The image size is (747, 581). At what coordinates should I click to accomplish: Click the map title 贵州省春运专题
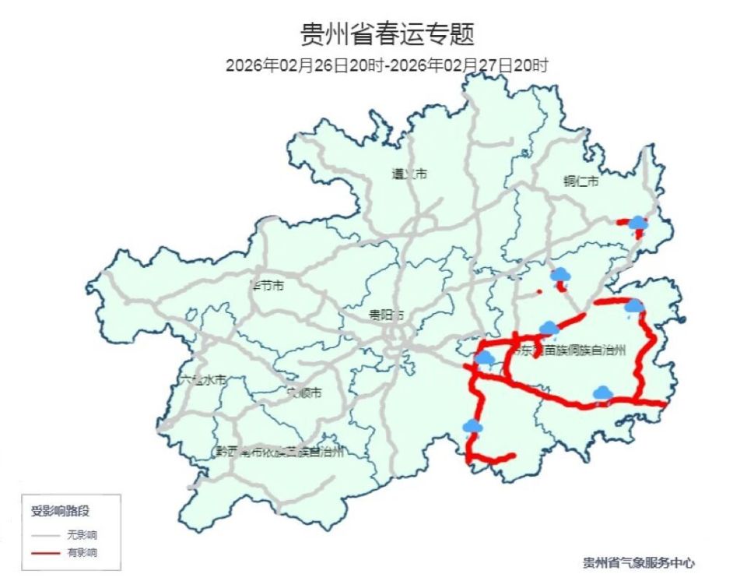click(387, 35)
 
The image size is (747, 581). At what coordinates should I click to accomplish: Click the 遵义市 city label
click(409, 174)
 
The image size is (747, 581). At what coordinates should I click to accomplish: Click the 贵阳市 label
click(387, 315)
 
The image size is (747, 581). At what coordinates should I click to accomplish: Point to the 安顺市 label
click(303, 393)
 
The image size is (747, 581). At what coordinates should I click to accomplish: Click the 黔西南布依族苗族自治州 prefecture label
click(279, 452)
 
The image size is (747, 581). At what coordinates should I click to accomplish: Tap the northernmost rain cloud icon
click(638, 224)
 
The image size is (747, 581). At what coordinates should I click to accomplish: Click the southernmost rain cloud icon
click(472, 426)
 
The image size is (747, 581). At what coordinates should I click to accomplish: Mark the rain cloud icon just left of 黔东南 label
click(485, 358)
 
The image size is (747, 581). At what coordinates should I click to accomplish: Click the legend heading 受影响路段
click(60, 512)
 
